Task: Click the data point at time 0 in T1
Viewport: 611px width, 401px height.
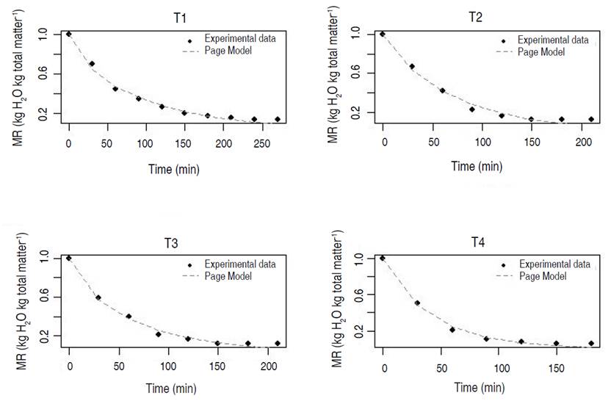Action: click(69, 34)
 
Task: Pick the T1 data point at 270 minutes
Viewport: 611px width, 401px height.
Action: click(278, 119)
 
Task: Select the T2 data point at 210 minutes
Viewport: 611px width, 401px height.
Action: click(591, 119)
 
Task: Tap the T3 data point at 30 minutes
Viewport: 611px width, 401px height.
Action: click(98, 297)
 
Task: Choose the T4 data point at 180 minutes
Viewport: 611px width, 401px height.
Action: click(591, 343)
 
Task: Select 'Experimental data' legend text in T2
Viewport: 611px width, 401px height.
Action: click(553, 40)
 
